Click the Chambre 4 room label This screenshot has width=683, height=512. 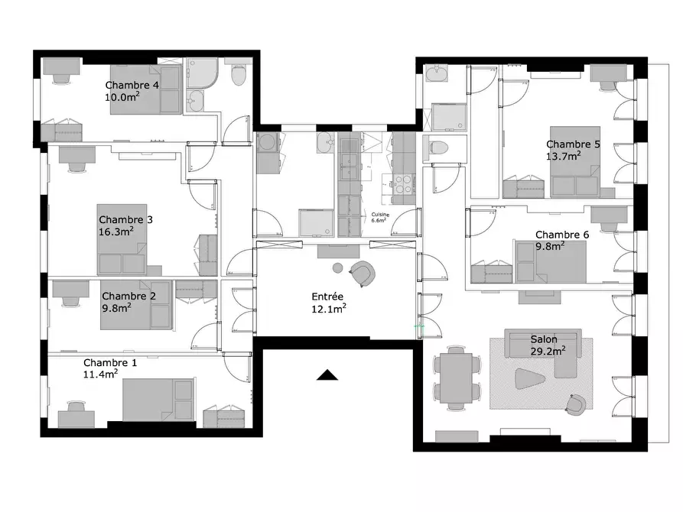point(132,86)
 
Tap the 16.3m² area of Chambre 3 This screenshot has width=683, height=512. point(115,232)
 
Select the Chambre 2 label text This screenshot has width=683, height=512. point(129,296)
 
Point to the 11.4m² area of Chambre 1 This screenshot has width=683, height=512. point(101,374)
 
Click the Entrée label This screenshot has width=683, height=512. point(327,297)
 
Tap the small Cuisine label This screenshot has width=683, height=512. point(380,215)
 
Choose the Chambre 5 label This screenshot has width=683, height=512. point(573,144)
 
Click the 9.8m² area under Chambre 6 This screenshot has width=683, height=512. point(550,246)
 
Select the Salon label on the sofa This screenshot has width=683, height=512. point(544,339)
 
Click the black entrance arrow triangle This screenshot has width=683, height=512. point(327,375)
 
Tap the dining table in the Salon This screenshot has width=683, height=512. point(456,378)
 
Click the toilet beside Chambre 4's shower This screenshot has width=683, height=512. point(239,74)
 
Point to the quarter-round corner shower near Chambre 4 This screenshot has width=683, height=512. point(202,73)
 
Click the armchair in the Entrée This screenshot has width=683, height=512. point(363,273)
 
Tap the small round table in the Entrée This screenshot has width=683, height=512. point(337,268)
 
